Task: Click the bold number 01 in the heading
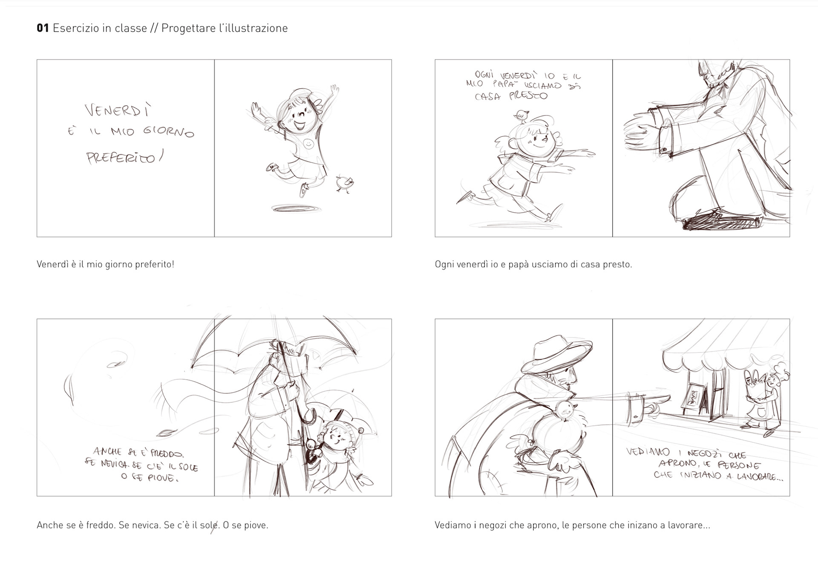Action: click(43, 28)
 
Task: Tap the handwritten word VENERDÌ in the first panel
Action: click(118, 111)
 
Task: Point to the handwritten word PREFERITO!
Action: click(124, 158)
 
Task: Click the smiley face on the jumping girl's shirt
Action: click(308, 144)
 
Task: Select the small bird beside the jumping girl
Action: click(344, 183)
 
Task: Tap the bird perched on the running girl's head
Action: click(522, 115)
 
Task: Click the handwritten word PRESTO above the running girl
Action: click(528, 95)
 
